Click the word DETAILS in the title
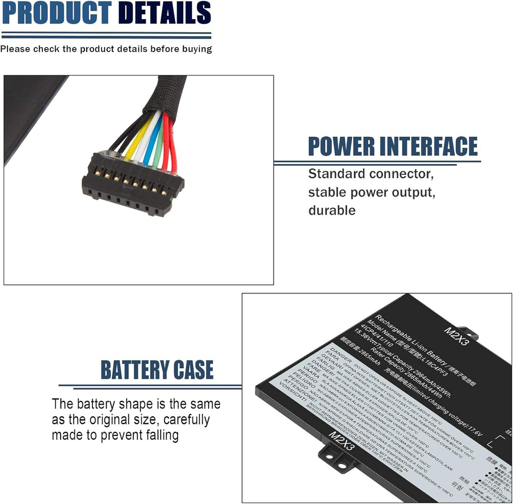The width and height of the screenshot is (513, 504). [x=164, y=13]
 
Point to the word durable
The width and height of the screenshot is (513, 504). [x=332, y=210]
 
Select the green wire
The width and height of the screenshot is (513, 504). [x=159, y=144]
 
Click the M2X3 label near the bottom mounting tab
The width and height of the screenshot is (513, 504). [x=341, y=440]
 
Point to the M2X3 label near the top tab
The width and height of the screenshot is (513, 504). [x=456, y=336]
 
